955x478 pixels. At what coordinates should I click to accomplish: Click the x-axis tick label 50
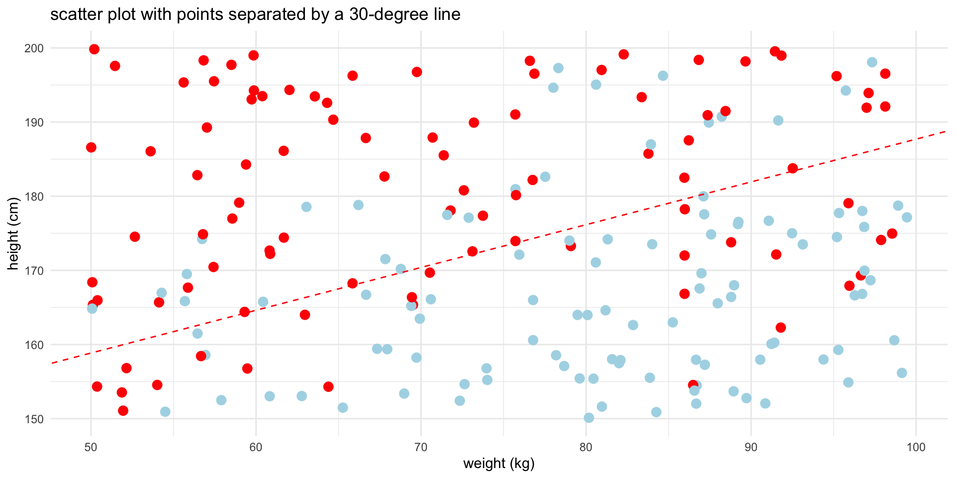[x=91, y=447]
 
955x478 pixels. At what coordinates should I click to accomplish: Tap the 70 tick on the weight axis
[x=421, y=447]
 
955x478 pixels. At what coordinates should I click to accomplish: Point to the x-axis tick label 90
[x=751, y=447]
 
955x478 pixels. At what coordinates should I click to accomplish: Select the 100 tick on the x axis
[x=916, y=447]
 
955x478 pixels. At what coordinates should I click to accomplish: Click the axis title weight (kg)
[x=499, y=464]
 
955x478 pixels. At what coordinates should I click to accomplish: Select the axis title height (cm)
[x=14, y=234]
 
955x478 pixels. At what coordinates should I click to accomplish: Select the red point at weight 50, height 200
[x=94, y=49]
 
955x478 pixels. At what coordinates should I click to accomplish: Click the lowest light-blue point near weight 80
[x=589, y=418]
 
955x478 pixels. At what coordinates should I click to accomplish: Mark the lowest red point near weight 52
[x=123, y=411]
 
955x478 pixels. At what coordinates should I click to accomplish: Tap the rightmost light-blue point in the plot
[x=907, y=217]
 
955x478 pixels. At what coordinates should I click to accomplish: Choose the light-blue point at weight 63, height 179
[x=306, y=207]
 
